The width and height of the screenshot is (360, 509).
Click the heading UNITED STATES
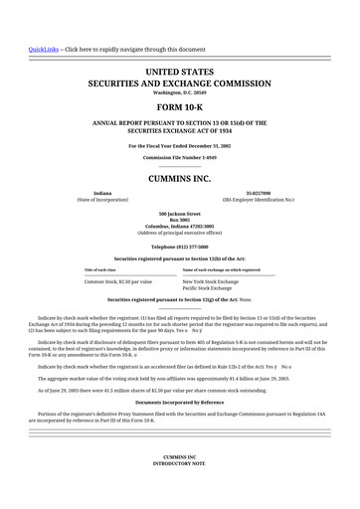pos(180,73)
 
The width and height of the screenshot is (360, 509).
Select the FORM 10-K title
pos(180,105)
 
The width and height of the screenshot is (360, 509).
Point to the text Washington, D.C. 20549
pos(180,92)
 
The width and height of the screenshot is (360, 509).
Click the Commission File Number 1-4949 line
pos(180,158)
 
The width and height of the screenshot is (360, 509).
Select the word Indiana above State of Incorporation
pos(102,193)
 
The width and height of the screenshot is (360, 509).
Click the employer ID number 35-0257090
pos(258,193)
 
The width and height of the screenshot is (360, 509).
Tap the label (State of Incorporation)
pos(102,200)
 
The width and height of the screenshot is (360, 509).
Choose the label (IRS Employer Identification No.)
pos(258,200)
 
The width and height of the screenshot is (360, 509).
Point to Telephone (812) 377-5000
pos(180,246)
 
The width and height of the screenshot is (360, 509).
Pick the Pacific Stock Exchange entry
pos(212,288)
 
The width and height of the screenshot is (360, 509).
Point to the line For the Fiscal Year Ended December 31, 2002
pos(180,145)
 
